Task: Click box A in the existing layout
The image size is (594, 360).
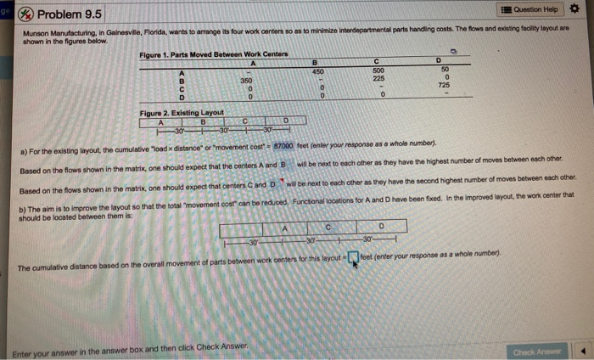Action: tap(160, 122)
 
